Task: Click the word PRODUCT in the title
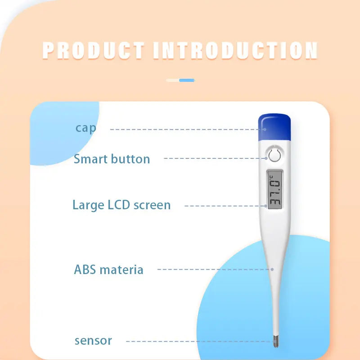click(94, 50)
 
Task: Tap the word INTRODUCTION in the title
click(235, 50)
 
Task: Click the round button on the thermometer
click(274, 156)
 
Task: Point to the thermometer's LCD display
click(275, 189)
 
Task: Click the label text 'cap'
click(85, 128)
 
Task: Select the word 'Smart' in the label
click(90, 159)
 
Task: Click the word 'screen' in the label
click(153, 205)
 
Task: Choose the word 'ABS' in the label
click(85, 270)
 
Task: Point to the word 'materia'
click(121, 270)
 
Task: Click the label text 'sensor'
click(93, 341)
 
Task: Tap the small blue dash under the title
click(187, 81)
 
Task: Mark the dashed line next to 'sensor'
click(198, 341)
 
